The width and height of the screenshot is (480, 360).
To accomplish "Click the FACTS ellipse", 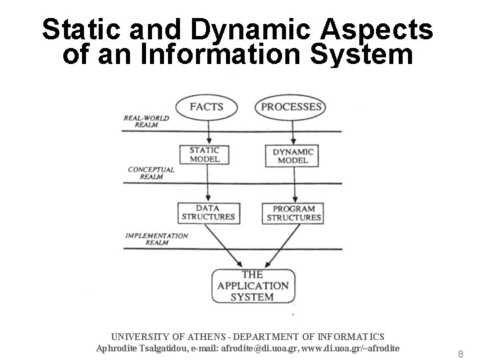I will point(206,107).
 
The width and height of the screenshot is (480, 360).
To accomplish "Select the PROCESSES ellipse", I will point(291,107).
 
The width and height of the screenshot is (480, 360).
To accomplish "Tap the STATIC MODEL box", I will point(204,155).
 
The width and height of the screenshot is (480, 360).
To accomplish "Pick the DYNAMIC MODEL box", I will point(292,156).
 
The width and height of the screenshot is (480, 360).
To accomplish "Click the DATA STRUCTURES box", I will point(208,213).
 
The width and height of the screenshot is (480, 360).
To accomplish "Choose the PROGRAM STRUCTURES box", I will point(293,213).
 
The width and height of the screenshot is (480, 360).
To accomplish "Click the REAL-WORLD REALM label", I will point(146,121).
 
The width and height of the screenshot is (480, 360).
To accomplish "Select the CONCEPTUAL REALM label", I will point(151,173).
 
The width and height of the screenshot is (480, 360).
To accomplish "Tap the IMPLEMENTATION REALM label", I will point(157,239).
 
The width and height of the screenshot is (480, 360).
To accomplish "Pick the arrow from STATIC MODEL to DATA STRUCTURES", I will point(207,185).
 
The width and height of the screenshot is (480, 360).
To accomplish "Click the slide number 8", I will point(459,353).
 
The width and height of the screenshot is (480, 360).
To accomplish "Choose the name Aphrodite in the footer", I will point(118,348).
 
